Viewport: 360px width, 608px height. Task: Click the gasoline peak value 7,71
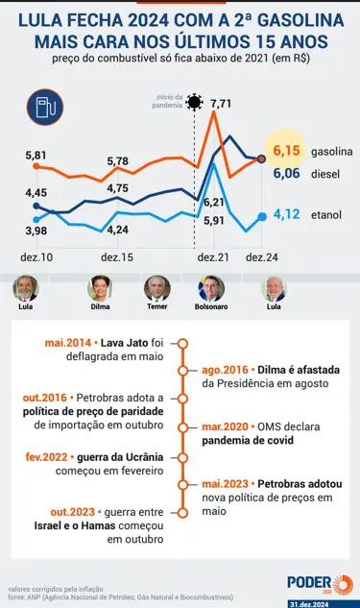tap(221, 104)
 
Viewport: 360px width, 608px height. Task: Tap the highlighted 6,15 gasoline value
tap(286, 151)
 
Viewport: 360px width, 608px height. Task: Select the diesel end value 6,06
tap(286, 173)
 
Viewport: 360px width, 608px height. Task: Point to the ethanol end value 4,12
tap(286, 214)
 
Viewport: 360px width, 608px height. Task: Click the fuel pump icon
tap(45, 107)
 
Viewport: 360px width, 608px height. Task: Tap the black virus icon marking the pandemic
tap(194, 103)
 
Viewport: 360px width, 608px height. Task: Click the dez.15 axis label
tap(117, 257)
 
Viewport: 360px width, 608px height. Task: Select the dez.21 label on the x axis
tap(213, 257)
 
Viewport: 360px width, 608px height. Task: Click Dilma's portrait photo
tap(100, 288)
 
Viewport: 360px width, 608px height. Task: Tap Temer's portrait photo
tap(156, 288)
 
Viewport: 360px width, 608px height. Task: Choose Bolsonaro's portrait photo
tap(211, 288)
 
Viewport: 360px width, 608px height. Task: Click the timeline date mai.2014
tap(68, 343)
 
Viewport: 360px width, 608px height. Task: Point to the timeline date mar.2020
tap(225, 426)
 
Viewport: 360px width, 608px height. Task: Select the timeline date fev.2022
tap(46, 457)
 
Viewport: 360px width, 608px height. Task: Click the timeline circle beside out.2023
tap(183, 513)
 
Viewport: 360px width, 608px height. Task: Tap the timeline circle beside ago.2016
tap(183, 371)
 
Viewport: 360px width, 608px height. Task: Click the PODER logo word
tap(309, 583)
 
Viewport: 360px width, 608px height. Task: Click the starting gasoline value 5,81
tap(36, 156)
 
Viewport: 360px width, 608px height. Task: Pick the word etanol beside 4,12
tap(326, 215)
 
